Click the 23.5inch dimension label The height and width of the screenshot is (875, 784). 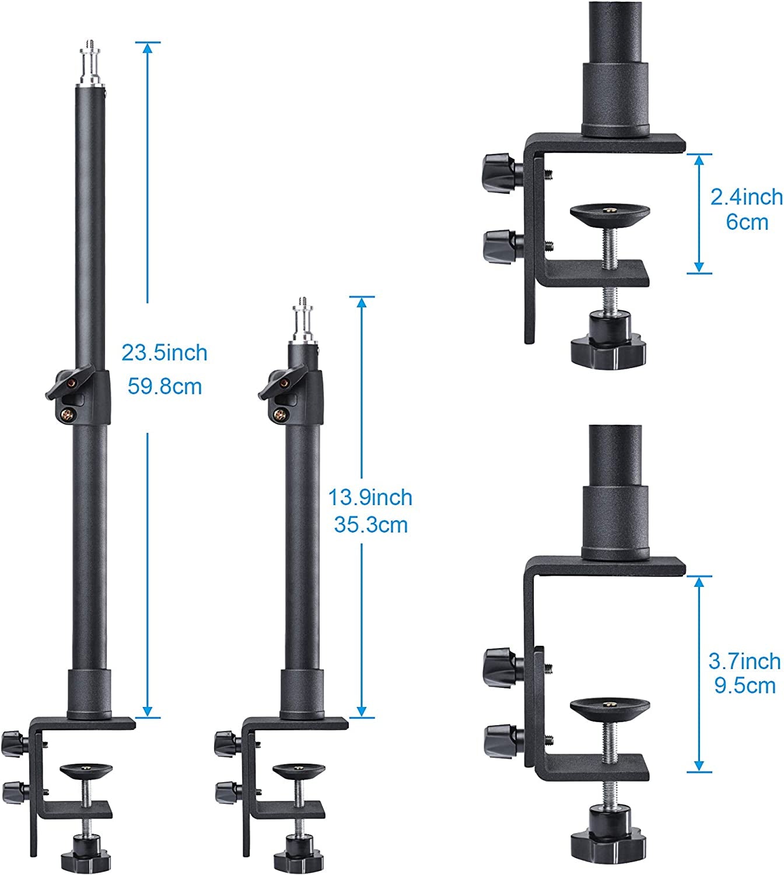[164, 353]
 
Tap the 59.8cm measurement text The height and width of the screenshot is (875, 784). [164, 386]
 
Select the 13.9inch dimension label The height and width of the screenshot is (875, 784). [370, 498]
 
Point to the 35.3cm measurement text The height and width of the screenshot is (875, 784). [370, 525]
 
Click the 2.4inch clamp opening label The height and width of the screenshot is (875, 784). [746, 197]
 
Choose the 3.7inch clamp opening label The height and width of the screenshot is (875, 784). [744, 661]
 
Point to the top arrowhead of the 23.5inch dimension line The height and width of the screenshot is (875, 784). [148, 48]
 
